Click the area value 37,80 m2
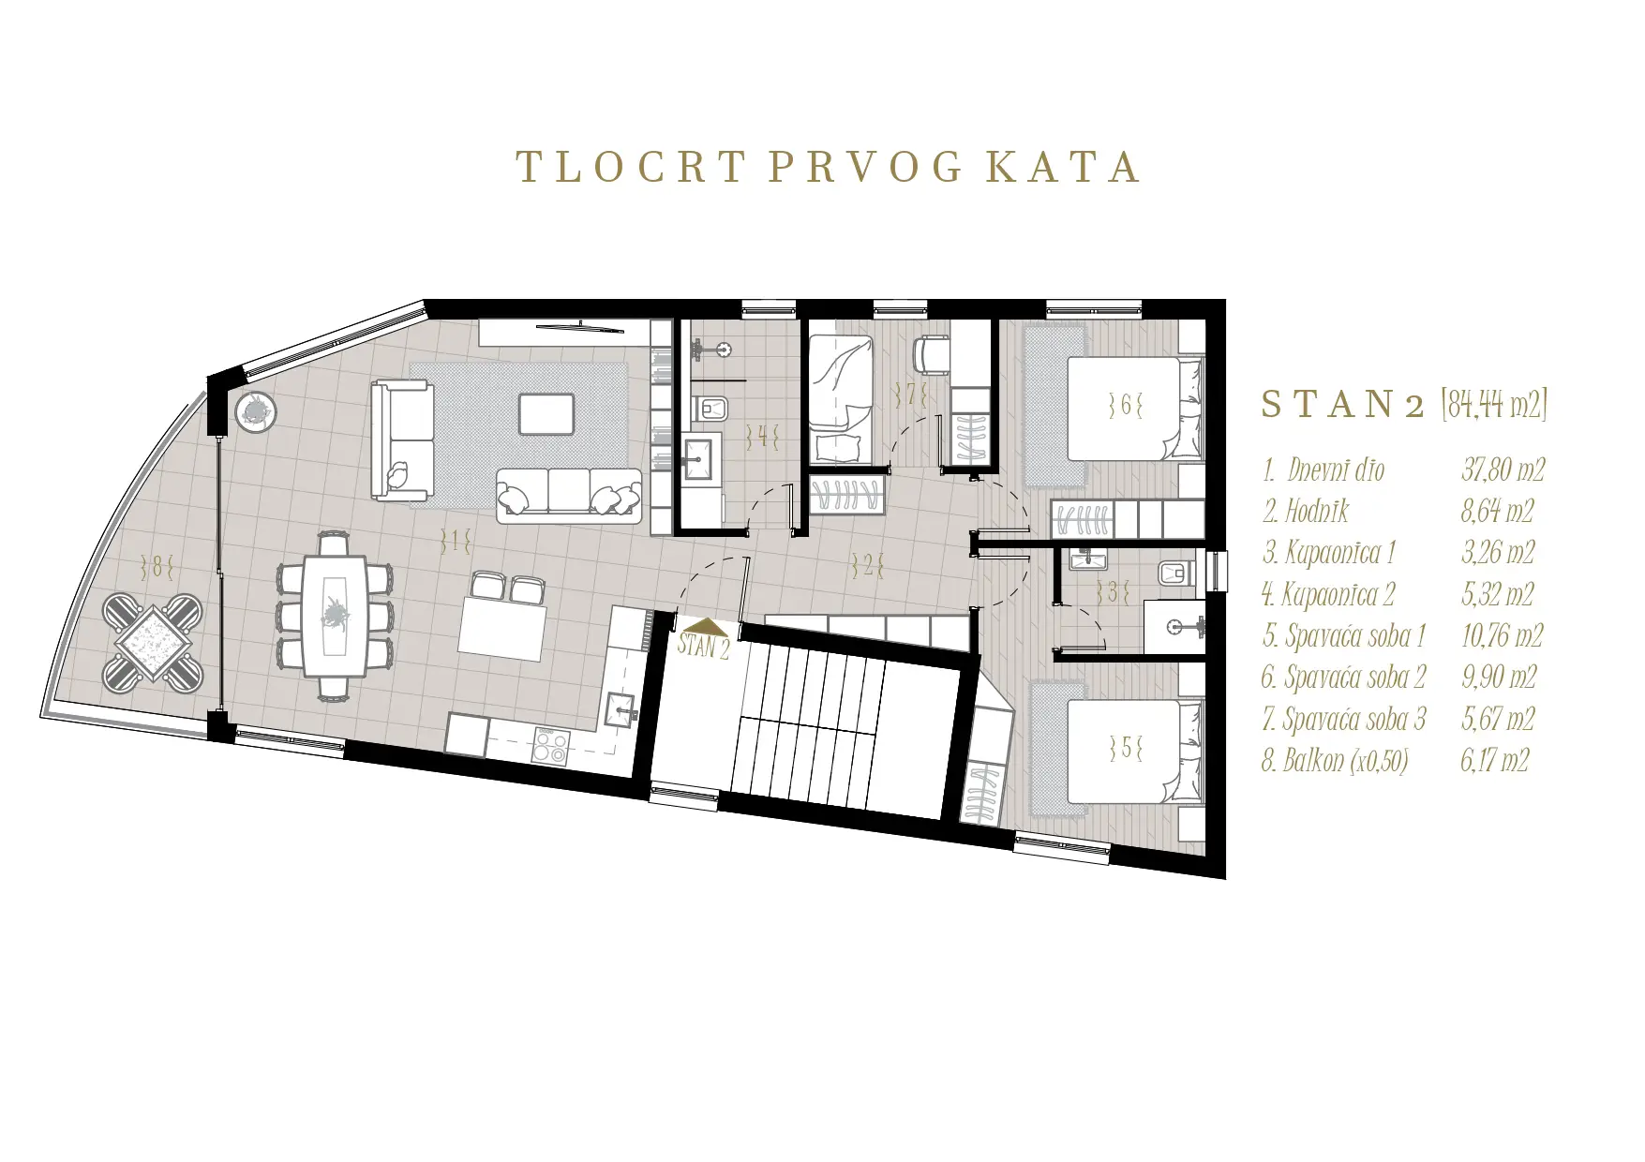tap(1503, 469)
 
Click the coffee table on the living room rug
tap(546, 413)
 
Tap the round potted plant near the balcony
tap(255, 411)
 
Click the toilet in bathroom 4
tap(713, 408)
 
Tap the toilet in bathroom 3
tap(1173, 573)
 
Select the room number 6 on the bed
tap(1125, 406)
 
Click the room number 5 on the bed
tap(1125, 748)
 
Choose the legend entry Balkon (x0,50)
tap(1335, 760)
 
